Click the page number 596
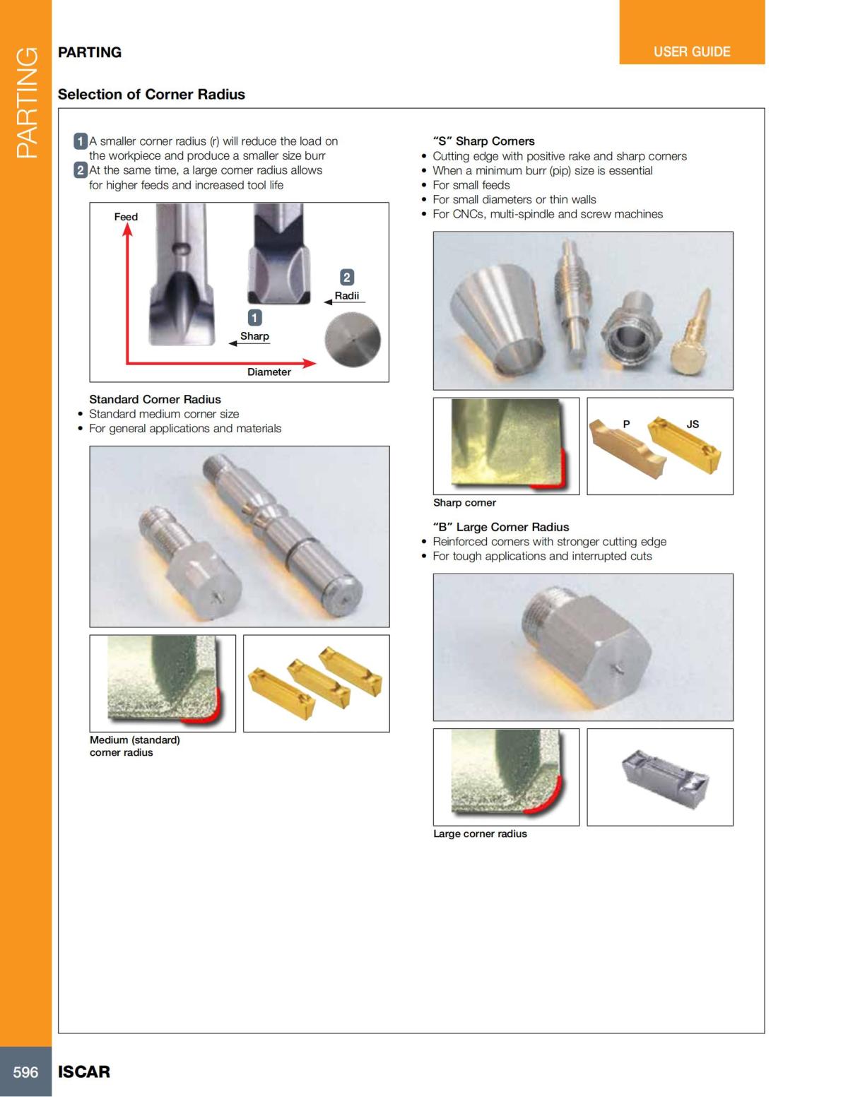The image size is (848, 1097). pos(25,1072)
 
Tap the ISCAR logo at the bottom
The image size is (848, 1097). pos(84,1072)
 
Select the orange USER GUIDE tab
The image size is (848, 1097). pos(691,52)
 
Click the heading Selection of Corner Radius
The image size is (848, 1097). pos(151,95)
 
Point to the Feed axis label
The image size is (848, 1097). pos(126,217)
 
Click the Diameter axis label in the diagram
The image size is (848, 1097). pos(269,372)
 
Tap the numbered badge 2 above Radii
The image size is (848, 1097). pos(346,277)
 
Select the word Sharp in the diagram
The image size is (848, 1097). pos(254,336)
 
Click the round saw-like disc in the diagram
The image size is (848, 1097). pos(352,340)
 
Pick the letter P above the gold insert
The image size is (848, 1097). pos(626,424)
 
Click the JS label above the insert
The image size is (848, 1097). pos(693,424)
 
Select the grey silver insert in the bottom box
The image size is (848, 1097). pos(664,777)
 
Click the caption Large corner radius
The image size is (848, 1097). pos(480,834)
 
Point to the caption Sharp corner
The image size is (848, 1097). pos(464,503)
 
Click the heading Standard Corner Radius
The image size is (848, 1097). pos(155,400)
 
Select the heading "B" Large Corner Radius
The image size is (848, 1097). pos(500,527)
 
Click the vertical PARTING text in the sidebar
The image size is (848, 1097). pos(26,102)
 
